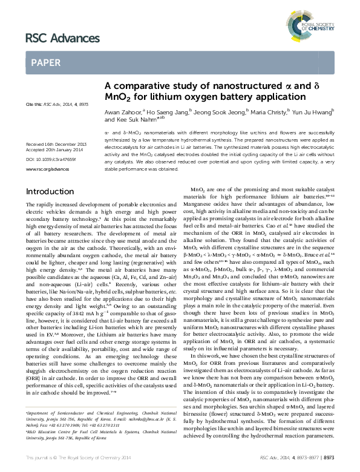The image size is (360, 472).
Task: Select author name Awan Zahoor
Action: coord(119,111)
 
